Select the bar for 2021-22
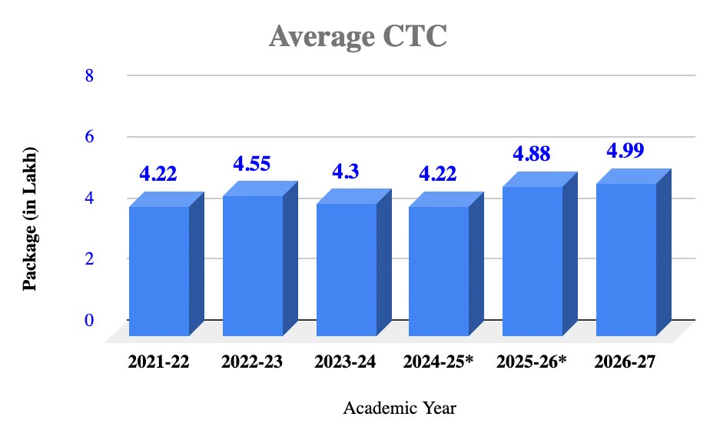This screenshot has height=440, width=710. (x=159, y=271)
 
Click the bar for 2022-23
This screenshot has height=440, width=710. (x=253, y=265)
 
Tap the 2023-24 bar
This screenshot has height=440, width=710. (x=346, y=269)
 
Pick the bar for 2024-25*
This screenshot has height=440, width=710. (x=439, y=271)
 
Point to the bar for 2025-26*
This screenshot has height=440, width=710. (x=532, y=261)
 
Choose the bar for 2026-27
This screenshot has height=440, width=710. (x=626, y=259)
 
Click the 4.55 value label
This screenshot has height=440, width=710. (x=252, y=164)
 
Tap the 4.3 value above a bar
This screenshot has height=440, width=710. (x=346, y=172)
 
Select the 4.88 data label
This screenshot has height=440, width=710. (x=532, y=155)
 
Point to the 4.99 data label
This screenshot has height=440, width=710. (x=625, y=151)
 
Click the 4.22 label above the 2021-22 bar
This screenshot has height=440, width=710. (x=158, y=174)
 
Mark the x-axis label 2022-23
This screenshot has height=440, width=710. (x=252, y=362)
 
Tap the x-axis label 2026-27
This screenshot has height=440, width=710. (x=625, y=362)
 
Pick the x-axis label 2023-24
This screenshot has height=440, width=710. (x=345, y=362)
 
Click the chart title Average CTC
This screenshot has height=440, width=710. (x=357, y=36)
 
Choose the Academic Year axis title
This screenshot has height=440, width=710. (x=400, y=408)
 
